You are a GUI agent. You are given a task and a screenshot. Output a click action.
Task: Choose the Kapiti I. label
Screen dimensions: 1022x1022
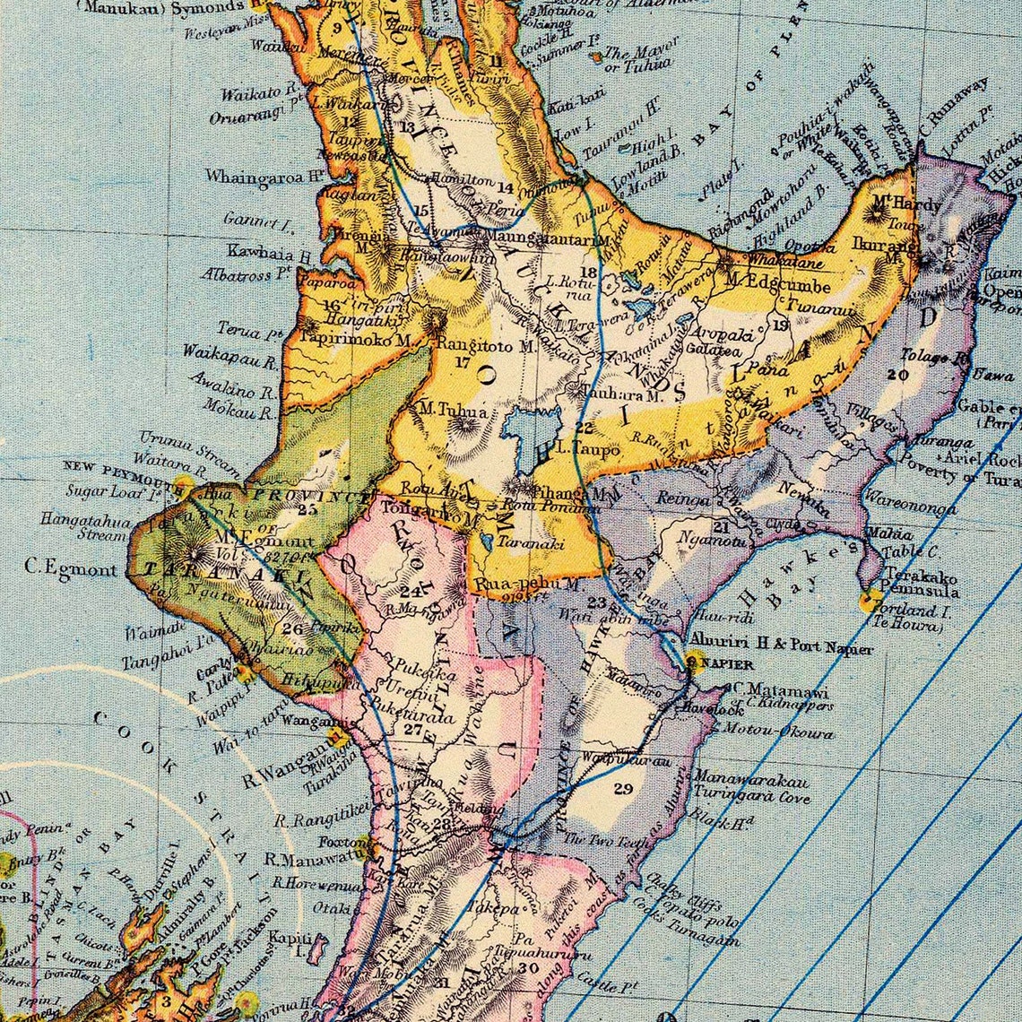[x=290, y=937]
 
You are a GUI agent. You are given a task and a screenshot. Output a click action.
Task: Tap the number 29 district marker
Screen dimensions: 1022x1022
[x=623, y=789]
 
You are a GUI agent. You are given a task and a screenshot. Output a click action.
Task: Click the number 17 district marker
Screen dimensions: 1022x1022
[x=463, y=363]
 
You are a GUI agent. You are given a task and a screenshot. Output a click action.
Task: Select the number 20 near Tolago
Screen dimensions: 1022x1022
[x=893, y=374]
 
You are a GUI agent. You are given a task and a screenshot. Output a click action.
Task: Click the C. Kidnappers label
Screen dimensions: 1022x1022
[x=788, y=705]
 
